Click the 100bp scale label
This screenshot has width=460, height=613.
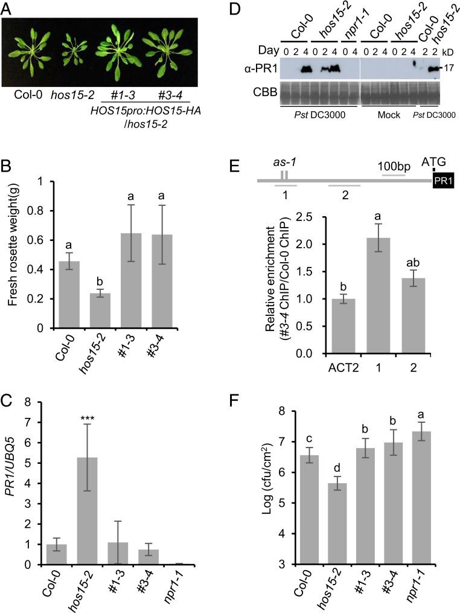(392, 164)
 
